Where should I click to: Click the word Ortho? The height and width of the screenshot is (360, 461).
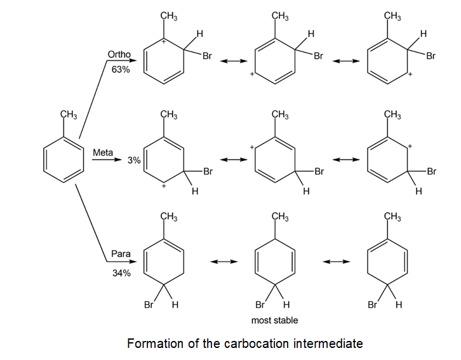point(120,56)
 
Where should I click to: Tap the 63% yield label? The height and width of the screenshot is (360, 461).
point(120,70)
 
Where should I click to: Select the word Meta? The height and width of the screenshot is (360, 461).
point(103,153)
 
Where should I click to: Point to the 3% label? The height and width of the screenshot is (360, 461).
point(133,161)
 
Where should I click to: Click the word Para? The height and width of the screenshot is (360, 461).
point(121,254)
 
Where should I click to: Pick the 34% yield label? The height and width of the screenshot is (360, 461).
point(121,273)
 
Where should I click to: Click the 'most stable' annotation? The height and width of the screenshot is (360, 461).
point(274,320)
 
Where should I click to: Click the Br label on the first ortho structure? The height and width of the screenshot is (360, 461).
point(207,57)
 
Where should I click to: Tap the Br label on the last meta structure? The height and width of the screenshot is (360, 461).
point(432,171)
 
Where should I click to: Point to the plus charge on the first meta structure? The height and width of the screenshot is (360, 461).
point(164,187)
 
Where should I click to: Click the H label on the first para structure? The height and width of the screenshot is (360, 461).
point(175,305)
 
